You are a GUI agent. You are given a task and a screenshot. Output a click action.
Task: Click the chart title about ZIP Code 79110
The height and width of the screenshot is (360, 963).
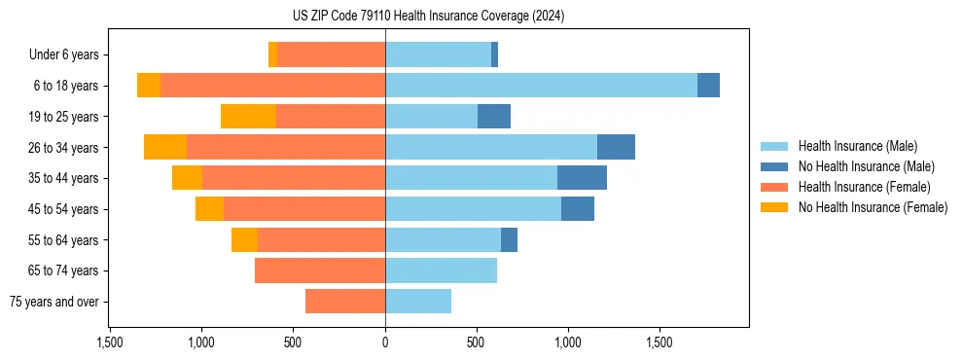[428, 17]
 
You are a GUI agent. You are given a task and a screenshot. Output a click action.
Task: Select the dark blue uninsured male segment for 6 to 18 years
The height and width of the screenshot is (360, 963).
[708, 86]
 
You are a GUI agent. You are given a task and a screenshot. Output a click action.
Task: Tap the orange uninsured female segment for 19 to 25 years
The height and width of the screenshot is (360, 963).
[248, 117]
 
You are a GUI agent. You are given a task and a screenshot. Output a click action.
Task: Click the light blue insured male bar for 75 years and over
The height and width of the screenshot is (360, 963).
[418, 302]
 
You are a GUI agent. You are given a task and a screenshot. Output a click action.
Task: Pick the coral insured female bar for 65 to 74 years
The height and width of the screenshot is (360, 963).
[320, 270]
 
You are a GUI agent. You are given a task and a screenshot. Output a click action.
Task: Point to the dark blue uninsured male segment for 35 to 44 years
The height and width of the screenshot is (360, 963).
[582, 178]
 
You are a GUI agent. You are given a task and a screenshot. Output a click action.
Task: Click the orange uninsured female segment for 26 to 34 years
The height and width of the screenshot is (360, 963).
[165, 147]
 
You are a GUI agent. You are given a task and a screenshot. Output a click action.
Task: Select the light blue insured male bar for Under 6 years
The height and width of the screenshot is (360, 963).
[438, 54]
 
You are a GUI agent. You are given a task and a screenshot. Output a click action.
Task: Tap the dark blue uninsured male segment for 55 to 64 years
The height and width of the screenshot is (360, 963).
[509, 239]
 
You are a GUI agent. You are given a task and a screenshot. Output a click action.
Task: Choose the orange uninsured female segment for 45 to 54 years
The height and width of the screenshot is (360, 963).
[209, 209]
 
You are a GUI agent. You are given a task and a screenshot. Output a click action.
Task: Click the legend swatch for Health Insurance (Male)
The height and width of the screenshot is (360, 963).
[774, 146]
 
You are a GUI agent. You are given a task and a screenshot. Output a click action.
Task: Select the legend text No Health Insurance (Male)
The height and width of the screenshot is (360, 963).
[866, 166]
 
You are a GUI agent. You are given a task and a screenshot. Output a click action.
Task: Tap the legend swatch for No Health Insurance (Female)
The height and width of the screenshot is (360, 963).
[774, 207]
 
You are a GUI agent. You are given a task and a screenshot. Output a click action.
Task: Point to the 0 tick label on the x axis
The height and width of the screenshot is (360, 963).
[385, 342]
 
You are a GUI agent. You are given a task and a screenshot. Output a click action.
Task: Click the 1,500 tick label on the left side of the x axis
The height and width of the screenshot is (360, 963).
[110, 342]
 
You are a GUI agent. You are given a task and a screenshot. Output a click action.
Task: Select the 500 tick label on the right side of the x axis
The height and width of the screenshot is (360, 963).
[477, 342]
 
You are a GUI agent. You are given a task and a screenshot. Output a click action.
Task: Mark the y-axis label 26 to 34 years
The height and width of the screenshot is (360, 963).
[65, 148]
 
